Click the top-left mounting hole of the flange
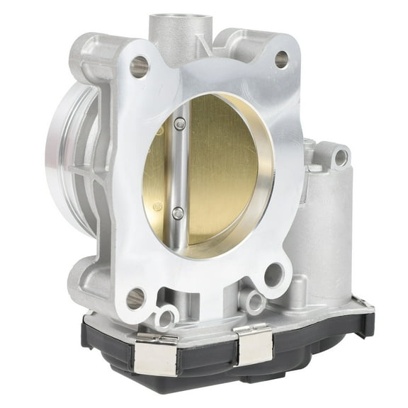click(x=139, y=67)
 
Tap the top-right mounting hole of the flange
click(x=281, y=59)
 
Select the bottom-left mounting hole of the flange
click(x=135, y=297)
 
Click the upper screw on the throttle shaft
click(x=180, y=125)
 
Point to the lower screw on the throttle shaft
click(x=178, y=212)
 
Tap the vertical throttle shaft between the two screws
click(x=179, y=169)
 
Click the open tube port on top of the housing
click(x=178, y=22)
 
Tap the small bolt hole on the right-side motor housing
click(x=341, y=157)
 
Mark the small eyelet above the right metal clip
click(x=254, y=300)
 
